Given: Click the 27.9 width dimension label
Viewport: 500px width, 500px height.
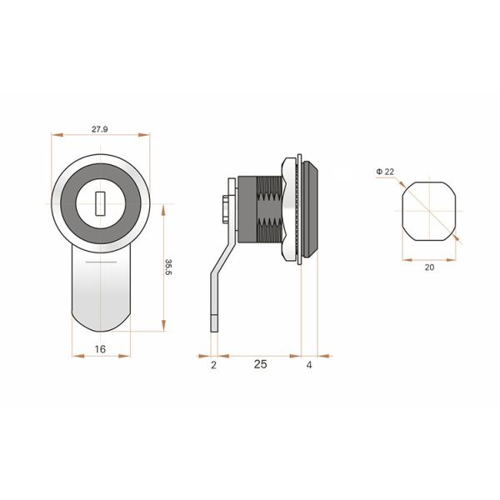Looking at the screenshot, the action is (100, 129).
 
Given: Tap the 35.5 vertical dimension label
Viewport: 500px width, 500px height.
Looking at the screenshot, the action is (168, 267).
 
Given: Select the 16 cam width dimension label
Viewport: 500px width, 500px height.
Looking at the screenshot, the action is (100, 349).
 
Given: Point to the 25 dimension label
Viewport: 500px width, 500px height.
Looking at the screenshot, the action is (261, 364).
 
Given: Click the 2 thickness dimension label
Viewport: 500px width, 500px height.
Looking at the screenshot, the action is (213, 365).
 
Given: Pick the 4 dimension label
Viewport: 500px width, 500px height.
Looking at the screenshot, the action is (309, 365).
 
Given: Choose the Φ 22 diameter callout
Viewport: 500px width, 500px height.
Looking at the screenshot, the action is (385, 172).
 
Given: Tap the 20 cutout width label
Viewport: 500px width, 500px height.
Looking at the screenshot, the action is (429, 267).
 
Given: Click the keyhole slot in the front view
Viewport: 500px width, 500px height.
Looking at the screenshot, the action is (100, 203).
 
